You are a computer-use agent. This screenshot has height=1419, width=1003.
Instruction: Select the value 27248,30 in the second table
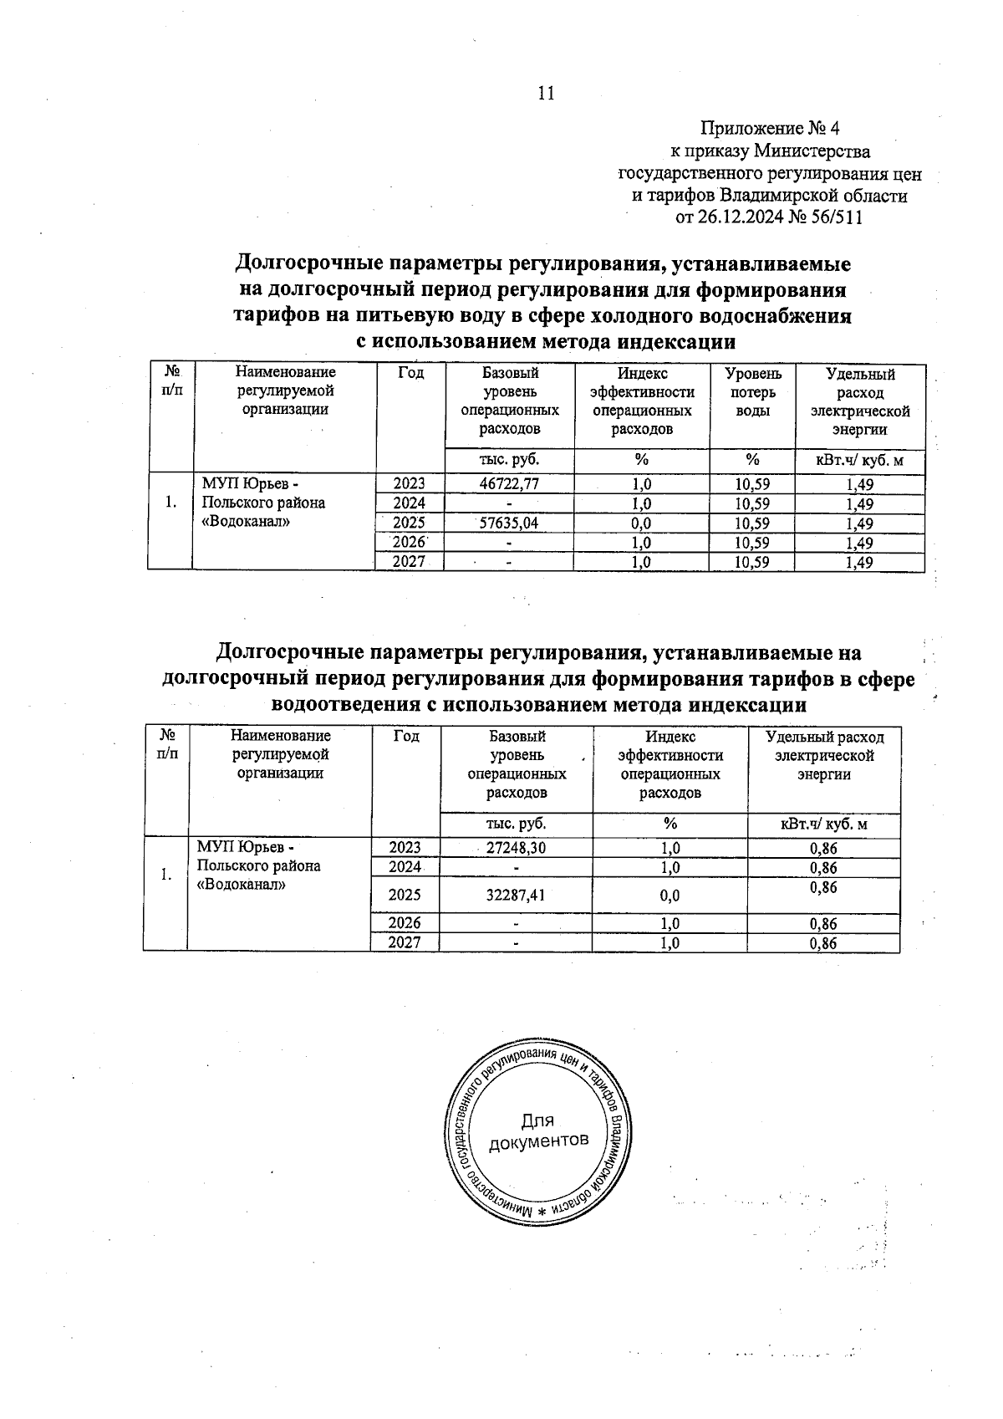516,848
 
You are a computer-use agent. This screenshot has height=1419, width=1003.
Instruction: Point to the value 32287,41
516,896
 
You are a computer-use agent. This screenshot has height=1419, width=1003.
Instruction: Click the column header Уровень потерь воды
752,392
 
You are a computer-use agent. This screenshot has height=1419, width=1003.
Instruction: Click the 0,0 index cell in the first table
642,523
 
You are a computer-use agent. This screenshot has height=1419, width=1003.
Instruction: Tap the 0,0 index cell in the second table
670,896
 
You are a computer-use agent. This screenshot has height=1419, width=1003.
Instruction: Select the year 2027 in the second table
405,943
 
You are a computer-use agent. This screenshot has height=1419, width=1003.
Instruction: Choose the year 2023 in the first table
410,483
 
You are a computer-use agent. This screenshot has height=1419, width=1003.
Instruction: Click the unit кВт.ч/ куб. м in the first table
860,461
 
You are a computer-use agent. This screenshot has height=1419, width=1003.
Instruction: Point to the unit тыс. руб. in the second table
516,824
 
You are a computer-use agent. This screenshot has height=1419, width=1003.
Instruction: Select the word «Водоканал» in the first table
247,522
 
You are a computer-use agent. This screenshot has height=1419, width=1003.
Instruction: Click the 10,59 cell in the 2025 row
751,523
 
